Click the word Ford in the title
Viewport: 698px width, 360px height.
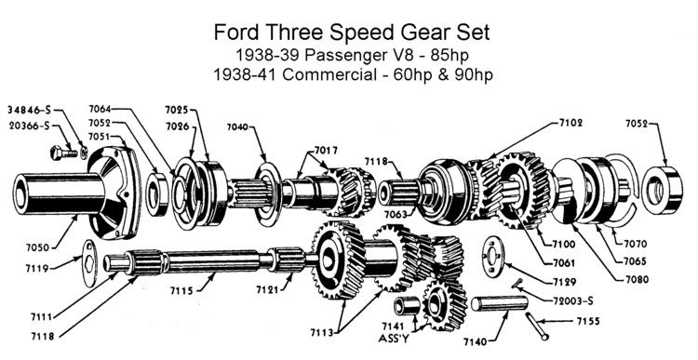pos(237,33)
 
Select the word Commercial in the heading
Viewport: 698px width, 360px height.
pos(329,74)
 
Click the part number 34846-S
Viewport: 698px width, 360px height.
pos(30,110)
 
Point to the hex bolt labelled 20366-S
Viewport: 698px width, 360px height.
pos(64,153)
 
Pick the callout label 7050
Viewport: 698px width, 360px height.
pos(37,247)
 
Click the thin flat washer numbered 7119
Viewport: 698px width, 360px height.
pos(91,262)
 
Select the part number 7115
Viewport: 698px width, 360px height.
pos(181,290)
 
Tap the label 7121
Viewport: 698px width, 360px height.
pos(267,289)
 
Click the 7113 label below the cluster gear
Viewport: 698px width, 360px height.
pos(322,332)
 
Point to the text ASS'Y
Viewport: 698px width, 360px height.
pos(394,339)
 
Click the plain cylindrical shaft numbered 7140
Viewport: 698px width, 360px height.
pos(499,304)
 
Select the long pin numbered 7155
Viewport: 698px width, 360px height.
pos(537,327)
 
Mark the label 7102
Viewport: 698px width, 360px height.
pos(571,123)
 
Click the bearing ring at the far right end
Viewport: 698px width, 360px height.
pos(662,190)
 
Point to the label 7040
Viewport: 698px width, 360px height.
pos(237,127)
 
